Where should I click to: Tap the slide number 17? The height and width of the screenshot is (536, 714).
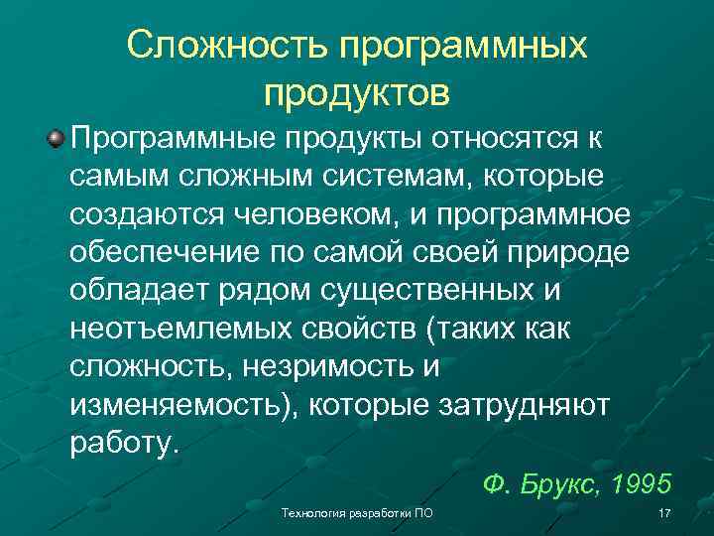(x=664, y=513)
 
